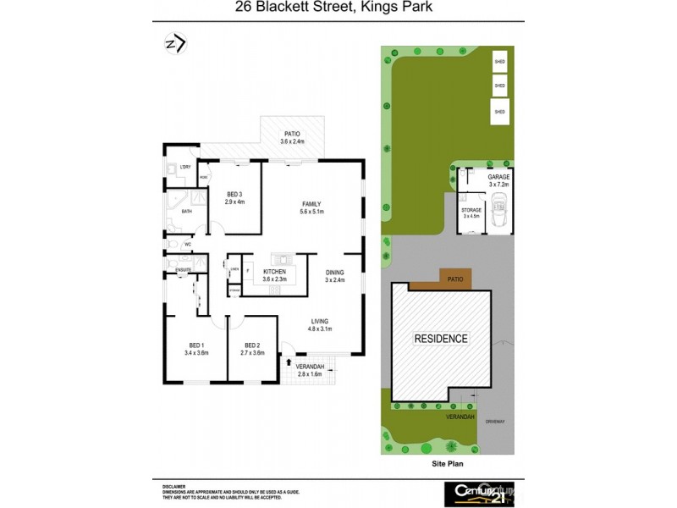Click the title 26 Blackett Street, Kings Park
click(x=339, y=9)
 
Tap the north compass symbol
click(x=175, y=43)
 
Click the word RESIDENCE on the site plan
click(x=440, y=339)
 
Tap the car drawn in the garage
click(x=498, y=215)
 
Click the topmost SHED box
click(x=499, y=62)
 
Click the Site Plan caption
click(x=444, y=464)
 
